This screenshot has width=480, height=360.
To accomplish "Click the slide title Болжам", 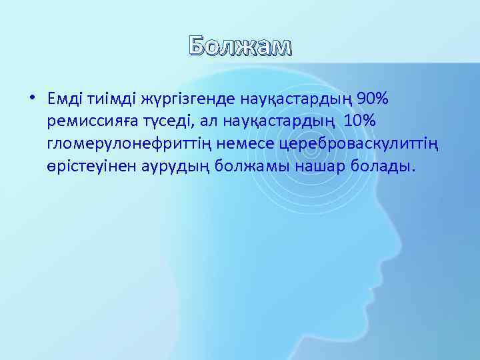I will point(240,46).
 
